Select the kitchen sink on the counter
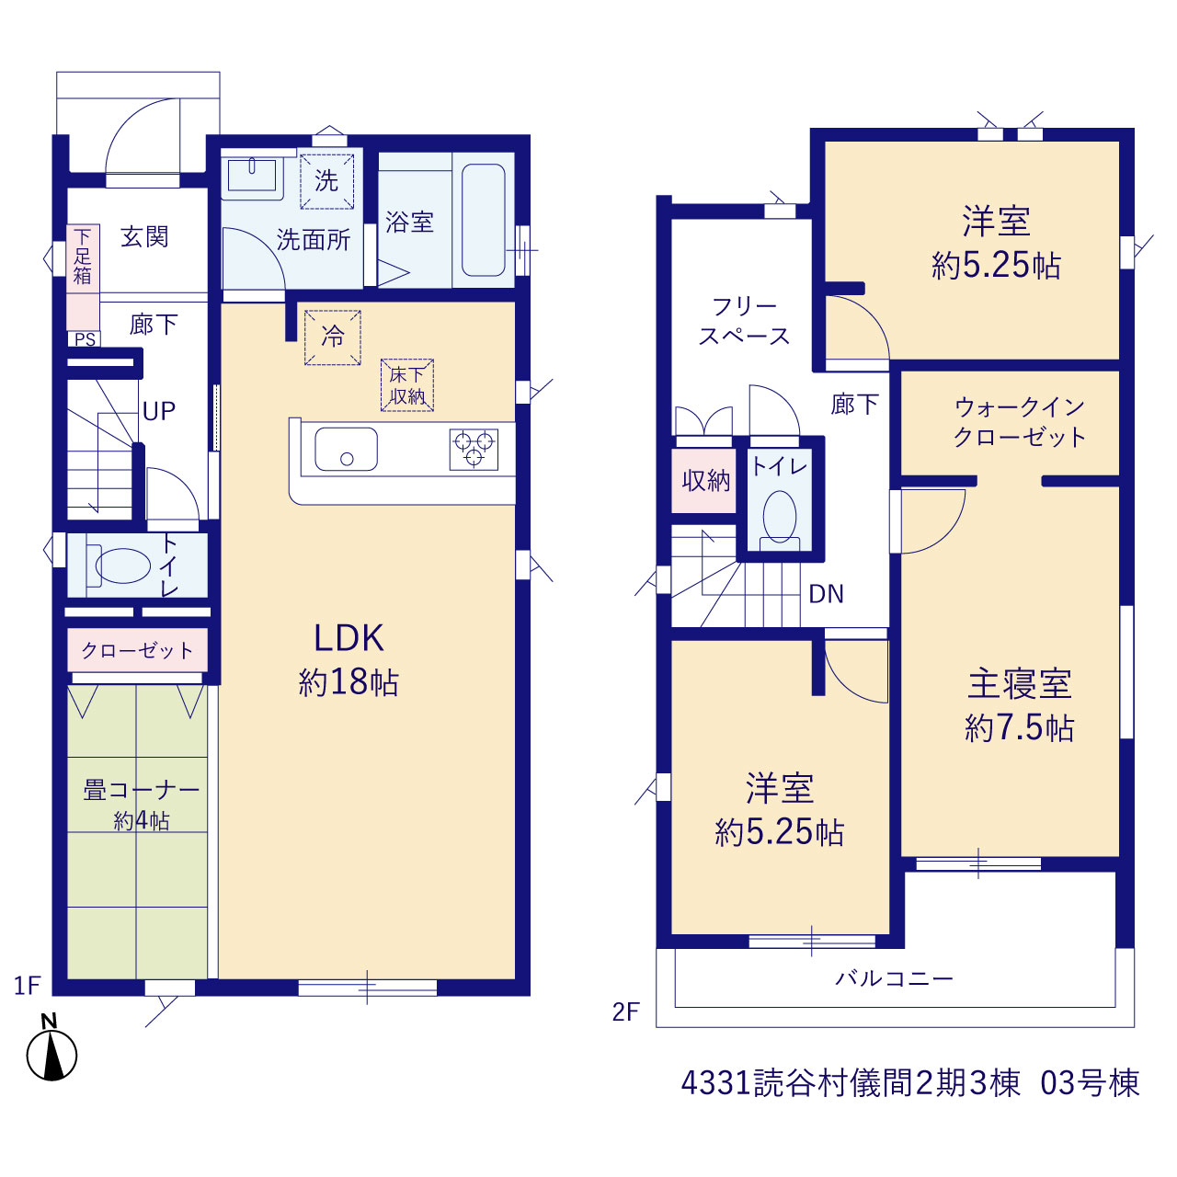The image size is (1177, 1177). click(346, 449)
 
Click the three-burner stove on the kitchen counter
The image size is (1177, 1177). click(474, 449)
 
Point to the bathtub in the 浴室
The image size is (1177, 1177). click(483, 220)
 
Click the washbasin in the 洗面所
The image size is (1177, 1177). click(252, 176)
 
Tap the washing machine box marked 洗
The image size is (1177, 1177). click(326, 181)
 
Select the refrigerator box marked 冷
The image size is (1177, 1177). click(333, 337)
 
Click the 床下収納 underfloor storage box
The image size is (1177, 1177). click(407, 384)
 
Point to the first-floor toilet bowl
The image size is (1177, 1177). click(122, 566)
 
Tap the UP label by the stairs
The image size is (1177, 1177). click(159, 412)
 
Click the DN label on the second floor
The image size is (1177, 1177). click(826, 594)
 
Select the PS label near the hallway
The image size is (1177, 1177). click(85, 339)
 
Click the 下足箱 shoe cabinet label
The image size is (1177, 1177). click(83, 257)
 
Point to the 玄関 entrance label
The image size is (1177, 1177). click(144, 237)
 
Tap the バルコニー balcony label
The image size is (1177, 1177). click(894, 979)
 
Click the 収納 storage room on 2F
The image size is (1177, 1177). click(705, 481)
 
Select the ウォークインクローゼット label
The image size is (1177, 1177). click(1020, 422)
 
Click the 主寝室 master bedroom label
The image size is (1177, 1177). click(1020, 684)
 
